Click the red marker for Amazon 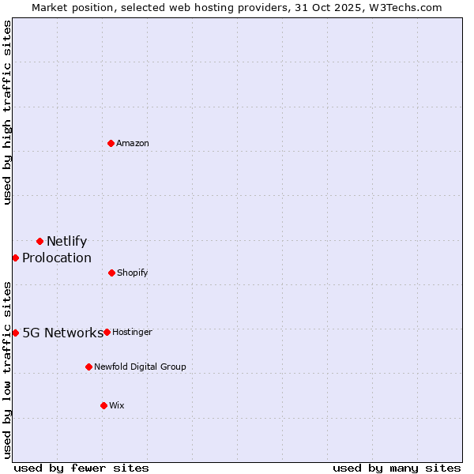111,143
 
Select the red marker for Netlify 39,241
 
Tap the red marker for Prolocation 15,258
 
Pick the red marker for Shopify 111,273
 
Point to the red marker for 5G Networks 15,333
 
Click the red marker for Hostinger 107,332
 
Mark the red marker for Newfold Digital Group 88,367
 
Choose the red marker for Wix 103,405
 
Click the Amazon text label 133,143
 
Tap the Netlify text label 66,242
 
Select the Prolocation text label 57,258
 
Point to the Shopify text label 132,273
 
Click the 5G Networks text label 62,333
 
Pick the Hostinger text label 132,332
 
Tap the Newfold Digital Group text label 140,367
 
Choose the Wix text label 117,405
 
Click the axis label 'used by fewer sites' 81,468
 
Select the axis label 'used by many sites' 397,468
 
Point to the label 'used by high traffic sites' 8,112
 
